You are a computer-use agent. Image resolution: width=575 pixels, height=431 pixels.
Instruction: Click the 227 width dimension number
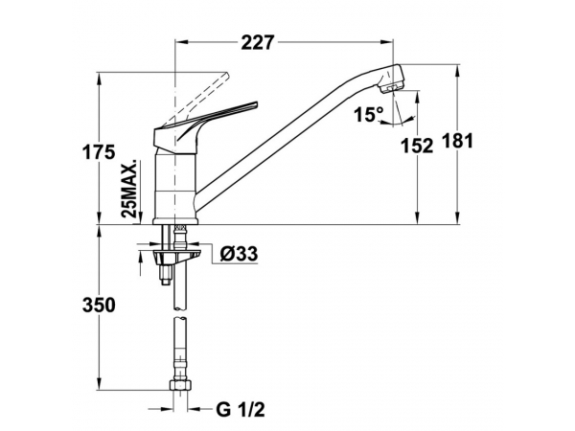258,42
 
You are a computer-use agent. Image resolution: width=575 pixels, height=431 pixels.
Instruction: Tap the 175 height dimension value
99,152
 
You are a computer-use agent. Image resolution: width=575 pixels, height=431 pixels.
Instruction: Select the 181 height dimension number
457,141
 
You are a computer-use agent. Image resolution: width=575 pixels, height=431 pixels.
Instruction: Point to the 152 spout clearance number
417,146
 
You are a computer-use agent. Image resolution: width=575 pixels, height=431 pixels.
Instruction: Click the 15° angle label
369,114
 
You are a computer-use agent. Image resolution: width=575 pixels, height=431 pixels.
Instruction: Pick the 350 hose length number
99,305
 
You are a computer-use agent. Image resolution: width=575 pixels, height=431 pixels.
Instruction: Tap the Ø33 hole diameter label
239,254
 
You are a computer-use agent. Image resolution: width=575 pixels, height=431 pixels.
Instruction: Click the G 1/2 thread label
241,409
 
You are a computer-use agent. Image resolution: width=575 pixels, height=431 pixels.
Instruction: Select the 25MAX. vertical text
130,189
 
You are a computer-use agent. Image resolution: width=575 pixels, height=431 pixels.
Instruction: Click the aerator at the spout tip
392,88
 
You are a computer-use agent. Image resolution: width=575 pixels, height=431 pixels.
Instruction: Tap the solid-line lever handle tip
256,104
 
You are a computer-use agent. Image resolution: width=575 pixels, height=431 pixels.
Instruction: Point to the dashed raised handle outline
198,99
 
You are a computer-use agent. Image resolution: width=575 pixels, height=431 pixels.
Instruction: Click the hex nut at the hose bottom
180,385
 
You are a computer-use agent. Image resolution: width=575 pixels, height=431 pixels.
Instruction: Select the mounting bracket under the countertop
177,255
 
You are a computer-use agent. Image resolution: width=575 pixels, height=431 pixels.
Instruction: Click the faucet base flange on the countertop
175,220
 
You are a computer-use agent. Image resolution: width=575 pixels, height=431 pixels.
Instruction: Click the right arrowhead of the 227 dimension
388,42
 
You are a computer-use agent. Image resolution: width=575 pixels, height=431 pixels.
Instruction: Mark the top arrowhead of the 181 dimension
457,70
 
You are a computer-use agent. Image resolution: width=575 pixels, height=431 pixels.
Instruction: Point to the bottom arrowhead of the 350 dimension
99,382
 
